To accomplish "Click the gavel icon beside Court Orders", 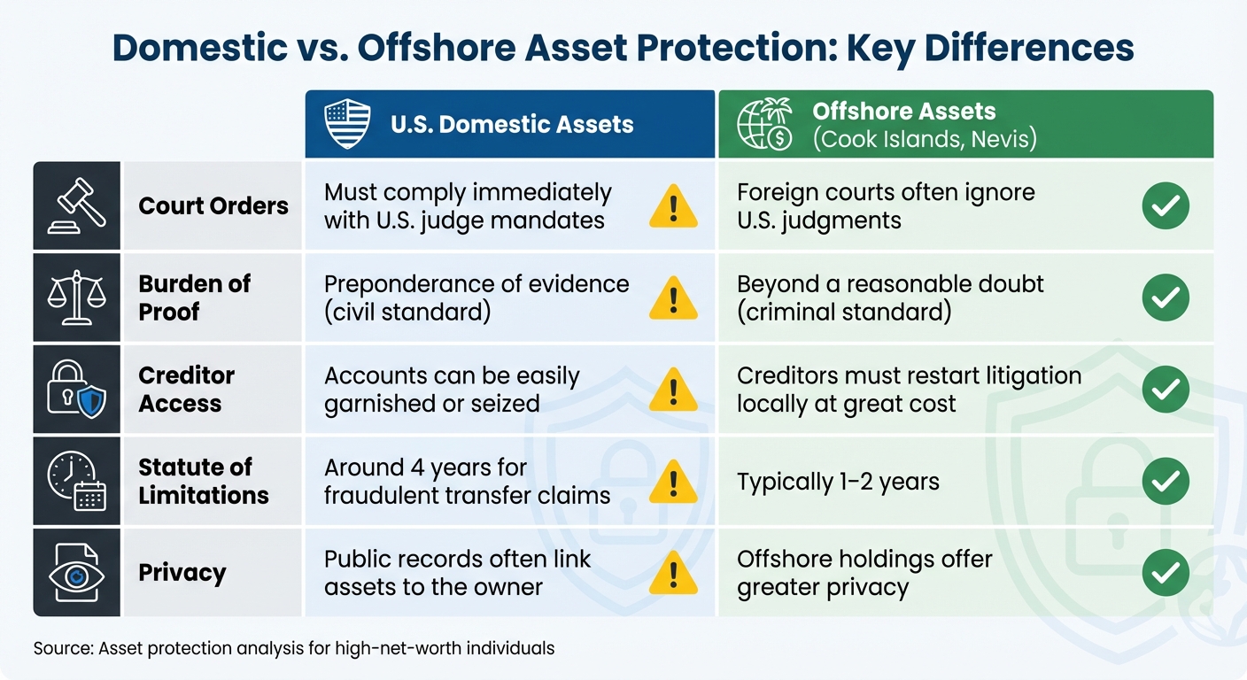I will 76,205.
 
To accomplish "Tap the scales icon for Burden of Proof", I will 76,297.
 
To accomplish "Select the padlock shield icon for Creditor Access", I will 76,390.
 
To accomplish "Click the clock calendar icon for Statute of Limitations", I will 76,482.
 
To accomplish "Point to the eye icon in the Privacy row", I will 76,574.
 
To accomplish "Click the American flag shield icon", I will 347,124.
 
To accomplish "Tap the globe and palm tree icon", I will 764,125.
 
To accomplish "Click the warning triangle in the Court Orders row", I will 672,207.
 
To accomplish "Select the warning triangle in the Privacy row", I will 672,574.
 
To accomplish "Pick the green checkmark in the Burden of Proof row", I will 1166,298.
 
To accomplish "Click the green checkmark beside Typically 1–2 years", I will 1166,482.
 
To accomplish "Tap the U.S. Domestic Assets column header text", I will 512,124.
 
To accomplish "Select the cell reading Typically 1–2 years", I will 838,483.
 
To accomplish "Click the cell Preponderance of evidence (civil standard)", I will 476,297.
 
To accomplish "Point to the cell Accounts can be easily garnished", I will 452,390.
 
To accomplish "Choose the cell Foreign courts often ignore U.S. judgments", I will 886,206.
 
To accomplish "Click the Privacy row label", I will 182,573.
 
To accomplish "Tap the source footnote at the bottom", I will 294,648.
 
